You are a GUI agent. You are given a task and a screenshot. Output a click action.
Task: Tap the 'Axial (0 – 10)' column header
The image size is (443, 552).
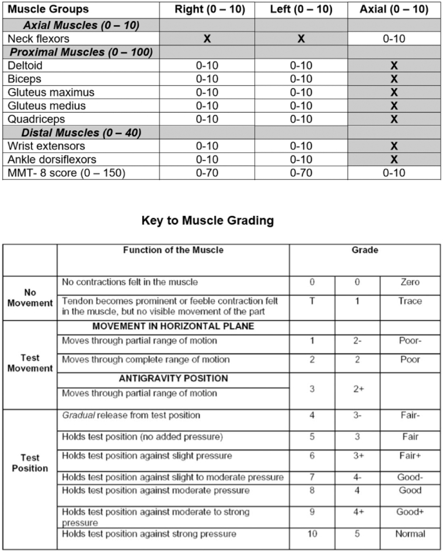pos(394,10)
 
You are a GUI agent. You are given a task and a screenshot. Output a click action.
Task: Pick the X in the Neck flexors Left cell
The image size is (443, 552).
pos(301,39)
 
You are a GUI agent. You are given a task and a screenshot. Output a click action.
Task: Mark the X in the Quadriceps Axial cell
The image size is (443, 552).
pos(394,119)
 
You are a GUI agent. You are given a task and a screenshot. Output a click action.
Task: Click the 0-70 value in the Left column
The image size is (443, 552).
pos(301,173)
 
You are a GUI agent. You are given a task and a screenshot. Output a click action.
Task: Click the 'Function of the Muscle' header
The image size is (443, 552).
pos(173,250)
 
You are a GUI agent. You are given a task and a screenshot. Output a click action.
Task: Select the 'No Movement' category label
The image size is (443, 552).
pos(30,298)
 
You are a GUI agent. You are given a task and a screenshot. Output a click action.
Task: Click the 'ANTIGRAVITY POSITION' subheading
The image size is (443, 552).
pos(173,379)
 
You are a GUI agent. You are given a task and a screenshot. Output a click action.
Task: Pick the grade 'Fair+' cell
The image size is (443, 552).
pos(411,455)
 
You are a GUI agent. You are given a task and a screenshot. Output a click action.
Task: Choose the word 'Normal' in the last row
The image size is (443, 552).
pos(411,533)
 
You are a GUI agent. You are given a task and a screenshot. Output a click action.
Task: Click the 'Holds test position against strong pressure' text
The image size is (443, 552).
pos(149,533)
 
